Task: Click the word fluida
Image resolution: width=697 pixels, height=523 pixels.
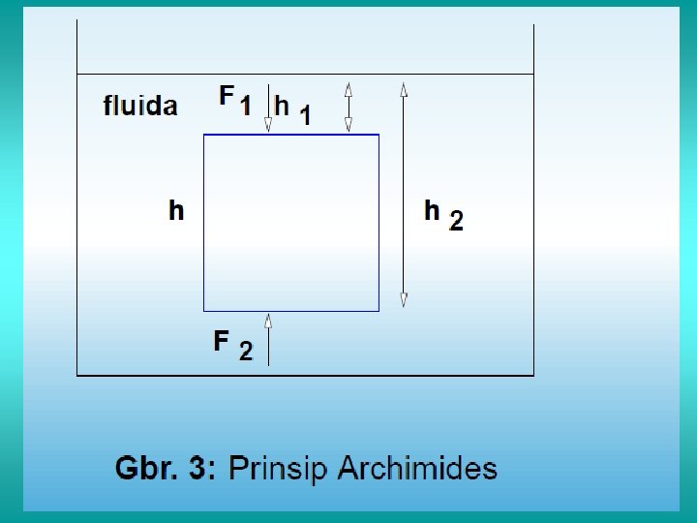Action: [x=140, y=106]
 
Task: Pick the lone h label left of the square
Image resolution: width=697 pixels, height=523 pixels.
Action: [x=176, y=210]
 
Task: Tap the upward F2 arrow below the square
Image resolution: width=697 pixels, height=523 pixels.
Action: [x=268, y=338]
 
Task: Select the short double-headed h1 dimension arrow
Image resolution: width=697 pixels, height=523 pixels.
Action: [x=348, y=106]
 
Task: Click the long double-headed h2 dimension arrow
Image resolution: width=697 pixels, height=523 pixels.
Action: [x=404, y=194]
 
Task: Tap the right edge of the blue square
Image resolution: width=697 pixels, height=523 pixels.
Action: [x=379, y=223]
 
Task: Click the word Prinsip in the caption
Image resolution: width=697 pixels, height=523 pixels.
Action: [x=280, y=470]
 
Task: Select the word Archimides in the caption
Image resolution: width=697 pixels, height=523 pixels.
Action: [x=418, y=470]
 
